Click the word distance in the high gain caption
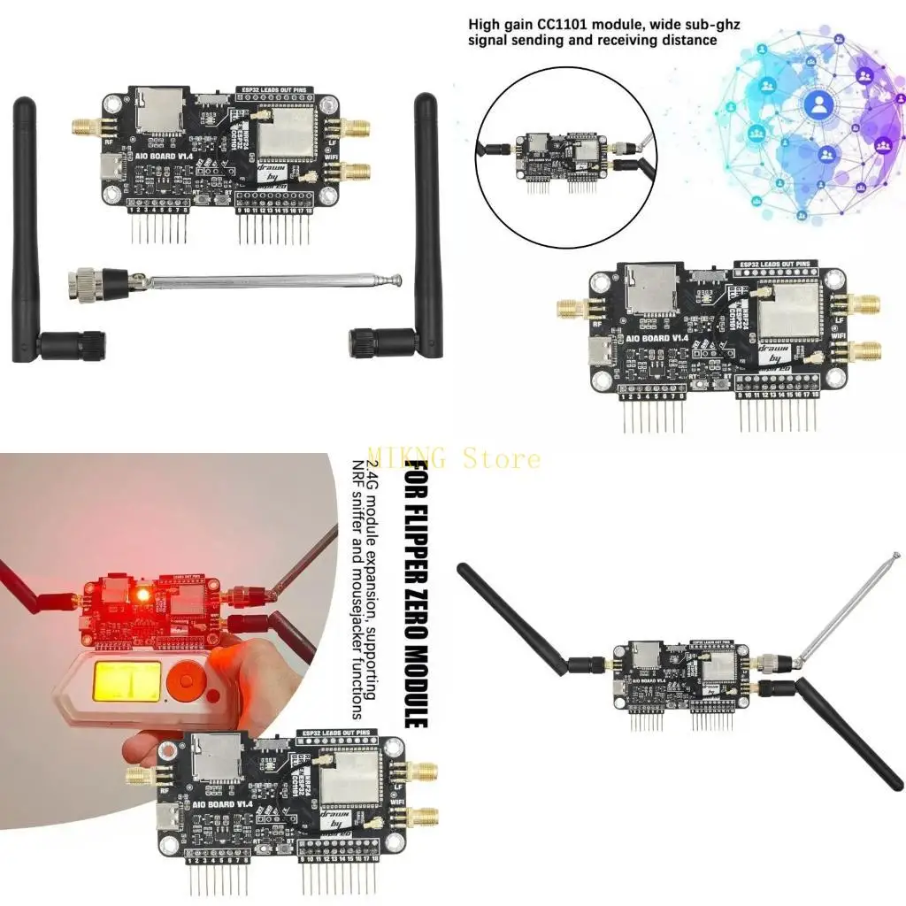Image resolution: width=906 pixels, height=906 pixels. tap(688, 40)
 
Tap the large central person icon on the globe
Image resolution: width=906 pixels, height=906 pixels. tap(818, 105)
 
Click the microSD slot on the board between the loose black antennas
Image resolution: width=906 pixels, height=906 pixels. tap(161, 109)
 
